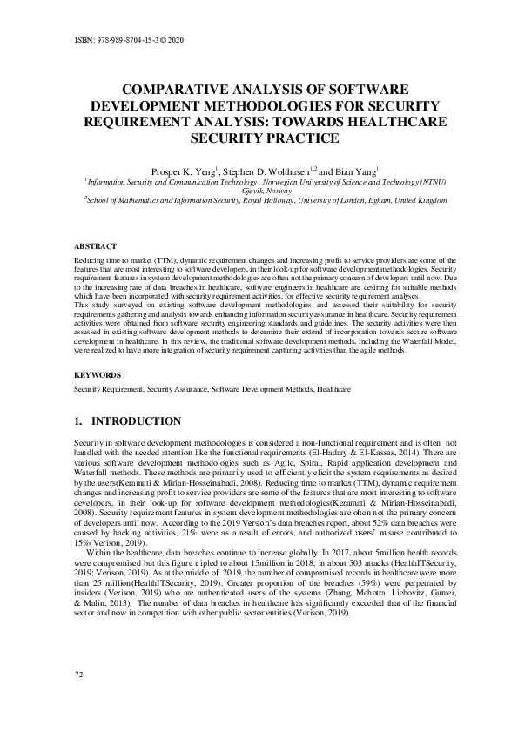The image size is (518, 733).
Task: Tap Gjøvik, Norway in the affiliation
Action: [259, 190]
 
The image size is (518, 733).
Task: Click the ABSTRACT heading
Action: [96, 247]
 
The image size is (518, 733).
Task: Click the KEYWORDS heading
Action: [98, 374]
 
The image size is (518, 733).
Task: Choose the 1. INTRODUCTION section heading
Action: [128, 421]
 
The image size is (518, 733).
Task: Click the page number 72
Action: [79, 699]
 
